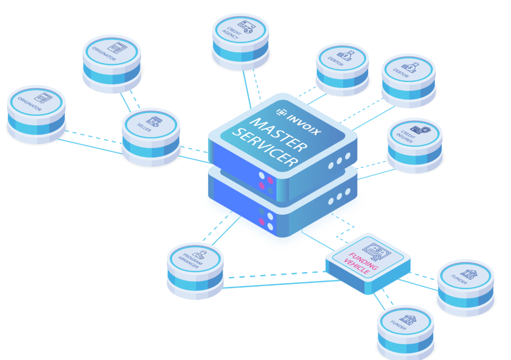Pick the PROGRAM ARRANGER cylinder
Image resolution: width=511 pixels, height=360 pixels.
pos(195,269)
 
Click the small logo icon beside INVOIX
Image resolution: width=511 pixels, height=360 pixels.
pos(281,111)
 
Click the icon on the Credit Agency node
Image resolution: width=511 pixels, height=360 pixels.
pos(245,26)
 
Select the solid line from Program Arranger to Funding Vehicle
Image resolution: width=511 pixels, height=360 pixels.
pos(279,284)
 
